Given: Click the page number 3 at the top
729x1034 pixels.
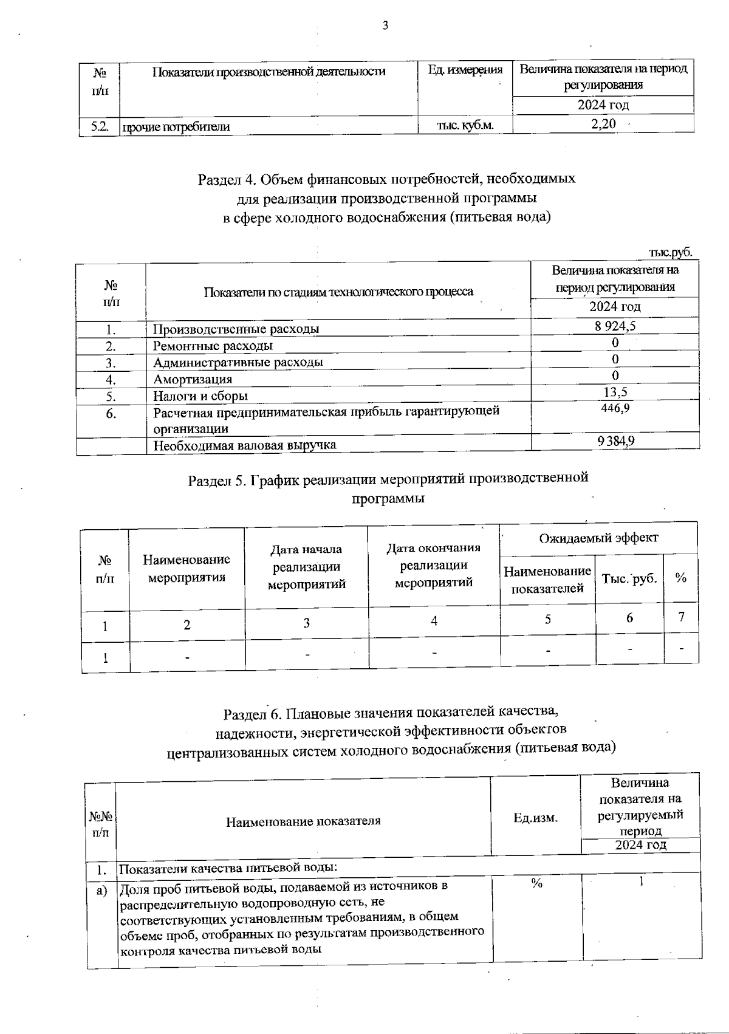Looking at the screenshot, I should [385, 26].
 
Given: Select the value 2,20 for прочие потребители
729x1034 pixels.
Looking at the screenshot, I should [603, 125].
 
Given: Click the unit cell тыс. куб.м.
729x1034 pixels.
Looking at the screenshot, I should [465, 125].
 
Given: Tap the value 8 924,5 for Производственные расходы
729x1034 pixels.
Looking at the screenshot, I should [615, 326].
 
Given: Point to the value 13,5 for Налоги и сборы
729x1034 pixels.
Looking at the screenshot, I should [615, 392].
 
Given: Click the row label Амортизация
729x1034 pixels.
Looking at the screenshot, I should [193, 379].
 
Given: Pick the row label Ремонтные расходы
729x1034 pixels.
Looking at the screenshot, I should [213, 346].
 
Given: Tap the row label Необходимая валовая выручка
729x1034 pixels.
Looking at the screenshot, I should [245, 445].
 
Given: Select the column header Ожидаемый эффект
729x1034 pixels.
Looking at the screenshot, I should [598, 538].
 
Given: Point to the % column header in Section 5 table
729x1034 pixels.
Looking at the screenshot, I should [681, 578].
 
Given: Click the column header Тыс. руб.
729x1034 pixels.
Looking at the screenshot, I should [629, 578].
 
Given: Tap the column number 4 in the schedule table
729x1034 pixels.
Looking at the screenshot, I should [434, 620].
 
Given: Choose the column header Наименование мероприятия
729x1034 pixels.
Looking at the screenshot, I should [187, 568].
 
